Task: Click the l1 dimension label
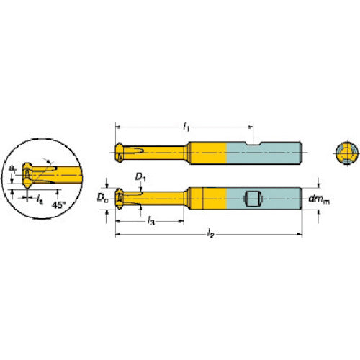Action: click(x=186, y=127)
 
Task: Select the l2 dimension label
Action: click(x=211, y=233)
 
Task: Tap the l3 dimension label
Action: click(x=150, y=220)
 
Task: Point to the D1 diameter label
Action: click(x=140, y=177)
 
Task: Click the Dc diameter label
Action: click(x=102, y=198)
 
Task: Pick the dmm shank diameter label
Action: click(x=319, y=199)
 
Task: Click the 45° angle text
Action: click(x=59, y=204)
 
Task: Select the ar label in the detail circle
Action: click(x=13, y=169)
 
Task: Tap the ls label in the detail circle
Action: click(x=40, y=199)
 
